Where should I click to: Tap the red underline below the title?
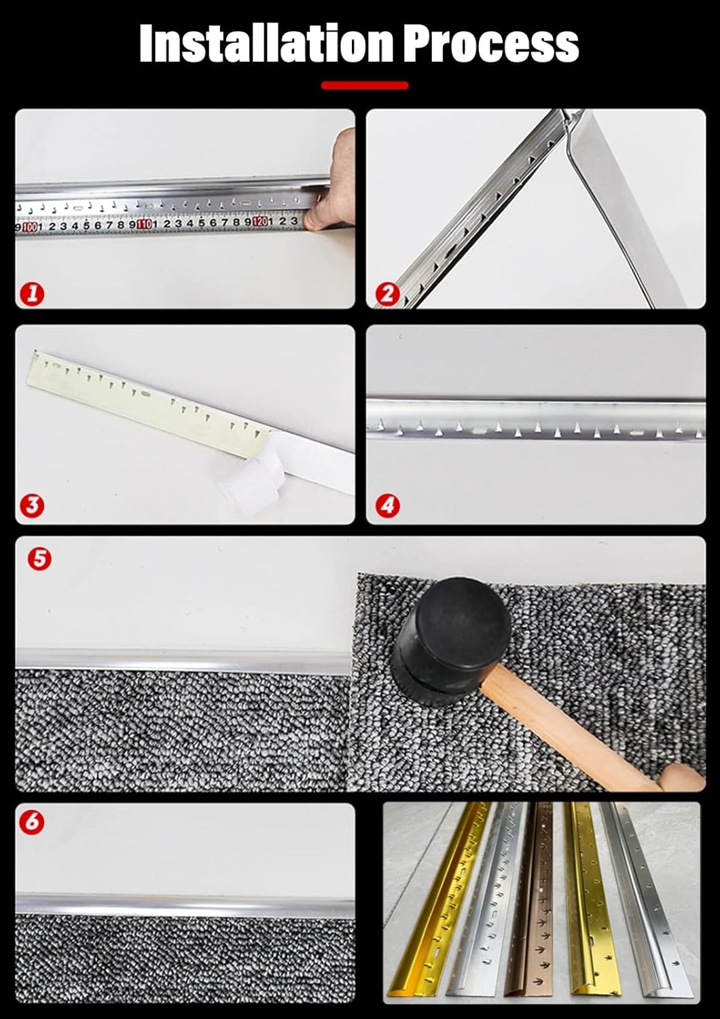point(365,86)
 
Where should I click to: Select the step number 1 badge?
point(32,294)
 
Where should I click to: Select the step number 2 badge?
point(387,294)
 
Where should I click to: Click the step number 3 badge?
point(32,505)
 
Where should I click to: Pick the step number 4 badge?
point(387,505)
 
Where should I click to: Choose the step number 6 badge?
point(32,821)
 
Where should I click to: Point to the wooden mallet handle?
point(577,734)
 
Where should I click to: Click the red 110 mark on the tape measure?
point(144,224)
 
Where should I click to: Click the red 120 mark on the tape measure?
point(259,221)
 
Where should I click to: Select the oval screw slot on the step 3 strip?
point(146,394)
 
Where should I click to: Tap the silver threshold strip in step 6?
point(183,906)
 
